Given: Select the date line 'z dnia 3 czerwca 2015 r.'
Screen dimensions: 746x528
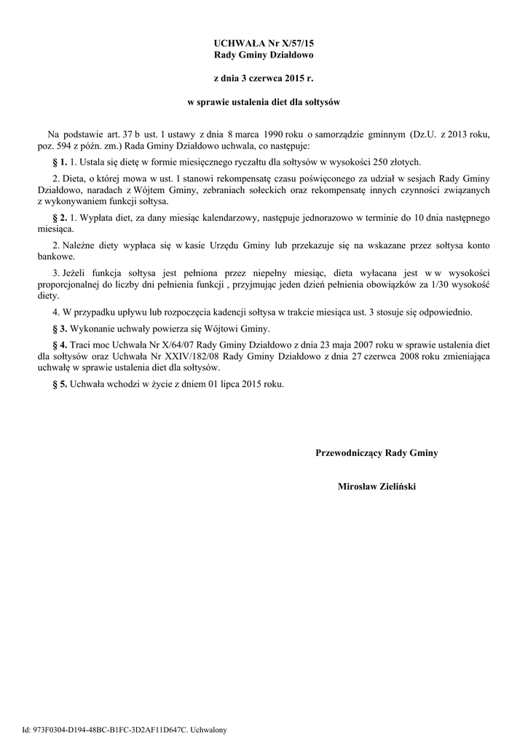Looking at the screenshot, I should (263, 76).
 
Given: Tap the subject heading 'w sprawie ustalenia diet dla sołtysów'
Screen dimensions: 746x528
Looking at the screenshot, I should (263, 103).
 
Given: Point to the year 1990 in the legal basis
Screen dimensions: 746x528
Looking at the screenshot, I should (274, 135).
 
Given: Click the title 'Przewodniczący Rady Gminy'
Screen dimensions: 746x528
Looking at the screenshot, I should (377, 453).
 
